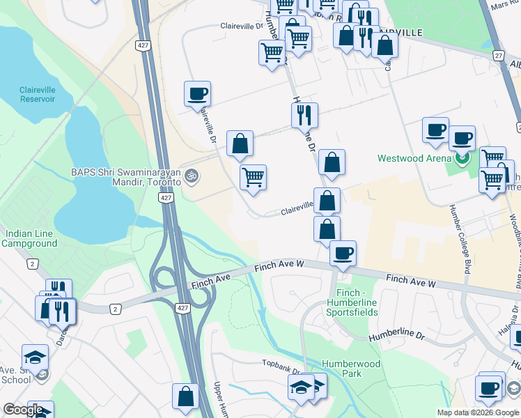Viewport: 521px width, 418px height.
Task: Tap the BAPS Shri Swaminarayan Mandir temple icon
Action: coord(194,176)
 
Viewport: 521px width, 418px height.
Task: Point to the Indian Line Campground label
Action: coord(29,238)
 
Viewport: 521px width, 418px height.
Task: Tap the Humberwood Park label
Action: coord(351,369)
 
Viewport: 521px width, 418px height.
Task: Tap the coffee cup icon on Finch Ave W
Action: coord(342,252)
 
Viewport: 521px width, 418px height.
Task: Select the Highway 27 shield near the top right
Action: coord(497,56)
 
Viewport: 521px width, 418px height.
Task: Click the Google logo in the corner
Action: coord(22,410)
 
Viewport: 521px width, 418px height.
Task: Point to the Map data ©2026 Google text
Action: coord(478,412)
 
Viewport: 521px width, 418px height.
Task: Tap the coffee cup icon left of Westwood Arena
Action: coord(435,129)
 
